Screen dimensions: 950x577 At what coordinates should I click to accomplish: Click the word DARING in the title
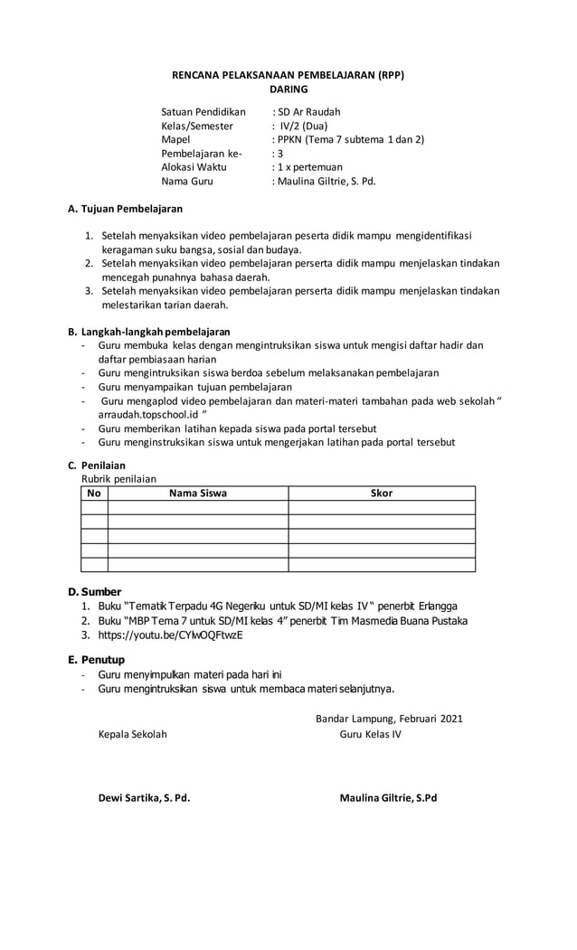[x=288, y=89]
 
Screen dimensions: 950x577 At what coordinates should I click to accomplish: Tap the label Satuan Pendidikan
[x=203, y=112]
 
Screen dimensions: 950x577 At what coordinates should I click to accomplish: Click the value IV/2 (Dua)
[x=304, y=126]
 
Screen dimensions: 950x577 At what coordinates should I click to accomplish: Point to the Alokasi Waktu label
[x=194, y=167]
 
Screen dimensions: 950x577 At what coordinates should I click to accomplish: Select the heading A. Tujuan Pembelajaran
[x=126, y=209]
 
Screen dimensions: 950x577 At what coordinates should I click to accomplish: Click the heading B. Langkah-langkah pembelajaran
[x=149, y=332]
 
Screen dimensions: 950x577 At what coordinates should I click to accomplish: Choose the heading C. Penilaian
[x=97, y=466]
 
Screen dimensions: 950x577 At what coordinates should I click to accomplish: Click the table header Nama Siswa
[x=198, y=494]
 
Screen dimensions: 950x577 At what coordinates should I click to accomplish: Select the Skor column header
[x=382, y=494]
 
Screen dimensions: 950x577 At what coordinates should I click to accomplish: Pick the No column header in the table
[x=94, y=494]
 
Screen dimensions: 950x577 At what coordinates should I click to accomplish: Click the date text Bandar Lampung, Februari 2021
[x=389, y=719]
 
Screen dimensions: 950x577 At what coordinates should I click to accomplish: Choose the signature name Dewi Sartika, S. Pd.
[x=144, y=798]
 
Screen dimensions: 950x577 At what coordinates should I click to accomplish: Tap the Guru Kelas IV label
[x=371, y=734]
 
